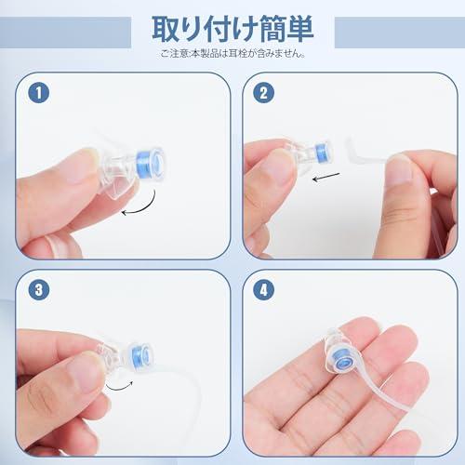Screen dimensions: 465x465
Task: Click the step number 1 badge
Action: tap(36, 92)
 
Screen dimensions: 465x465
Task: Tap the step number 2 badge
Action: tap(264, 92)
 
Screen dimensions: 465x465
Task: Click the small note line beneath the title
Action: tap(232, 53)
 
